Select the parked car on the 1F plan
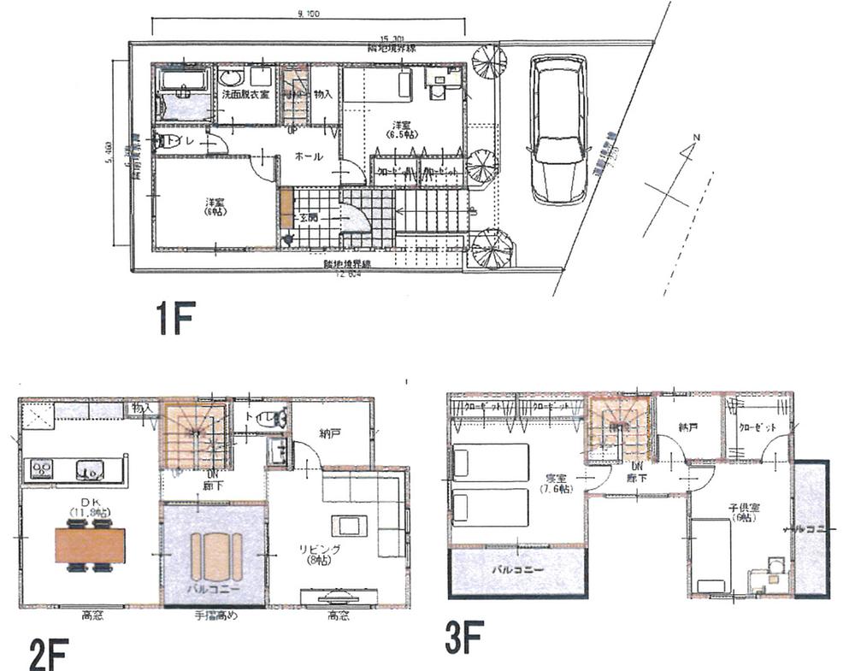coord(557,127)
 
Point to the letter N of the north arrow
coord(697,138)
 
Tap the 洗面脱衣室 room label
coord(245,94)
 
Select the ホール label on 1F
coord(308,156)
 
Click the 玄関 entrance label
coord(309,218)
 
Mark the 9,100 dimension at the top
coord(309,13)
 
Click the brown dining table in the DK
coord(90,545)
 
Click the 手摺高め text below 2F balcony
coord(214,615)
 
